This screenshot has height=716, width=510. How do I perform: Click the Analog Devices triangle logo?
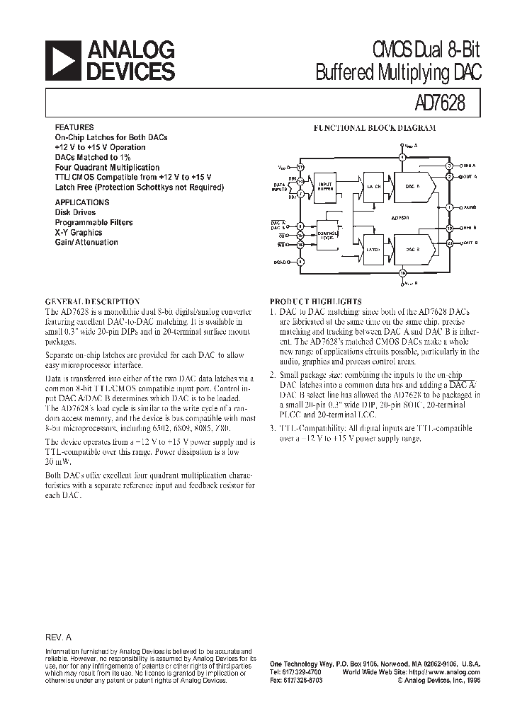click(62, 60)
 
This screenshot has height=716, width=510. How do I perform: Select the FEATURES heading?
click(74, 127)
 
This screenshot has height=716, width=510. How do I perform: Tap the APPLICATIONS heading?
click(82, 202)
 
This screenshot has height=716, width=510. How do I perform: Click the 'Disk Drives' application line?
click(77, 212)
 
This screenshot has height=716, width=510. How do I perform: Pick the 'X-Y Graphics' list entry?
click(79, 232)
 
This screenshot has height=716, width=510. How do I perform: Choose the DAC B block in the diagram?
click(411, 249)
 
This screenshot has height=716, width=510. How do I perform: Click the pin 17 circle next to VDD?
click(300, 168)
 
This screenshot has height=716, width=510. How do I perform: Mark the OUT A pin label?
click(470, 175)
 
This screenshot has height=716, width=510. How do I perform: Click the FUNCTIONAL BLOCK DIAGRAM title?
click(375, 128)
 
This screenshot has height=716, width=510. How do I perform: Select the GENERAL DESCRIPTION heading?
click(93, 301)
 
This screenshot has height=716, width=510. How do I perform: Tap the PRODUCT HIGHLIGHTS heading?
click(316, 301)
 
